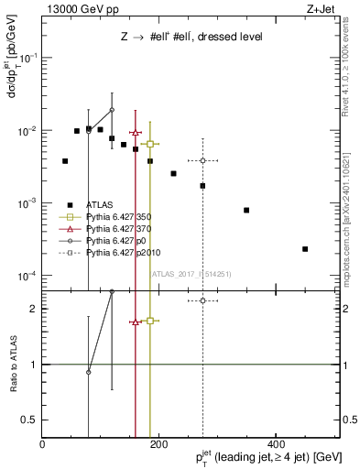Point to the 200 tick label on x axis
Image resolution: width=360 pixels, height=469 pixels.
click(158, 444)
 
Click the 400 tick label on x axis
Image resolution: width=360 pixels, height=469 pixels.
click(276, 444)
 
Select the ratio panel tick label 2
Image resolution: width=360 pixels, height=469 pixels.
click(33, 309)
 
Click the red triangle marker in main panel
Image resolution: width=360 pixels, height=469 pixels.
click(136, 133)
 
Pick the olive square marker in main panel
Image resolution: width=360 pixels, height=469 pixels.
click(150, 144)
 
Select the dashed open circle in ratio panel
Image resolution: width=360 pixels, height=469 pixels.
click(202, 300)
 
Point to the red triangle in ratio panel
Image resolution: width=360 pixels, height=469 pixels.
click(136, 322)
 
